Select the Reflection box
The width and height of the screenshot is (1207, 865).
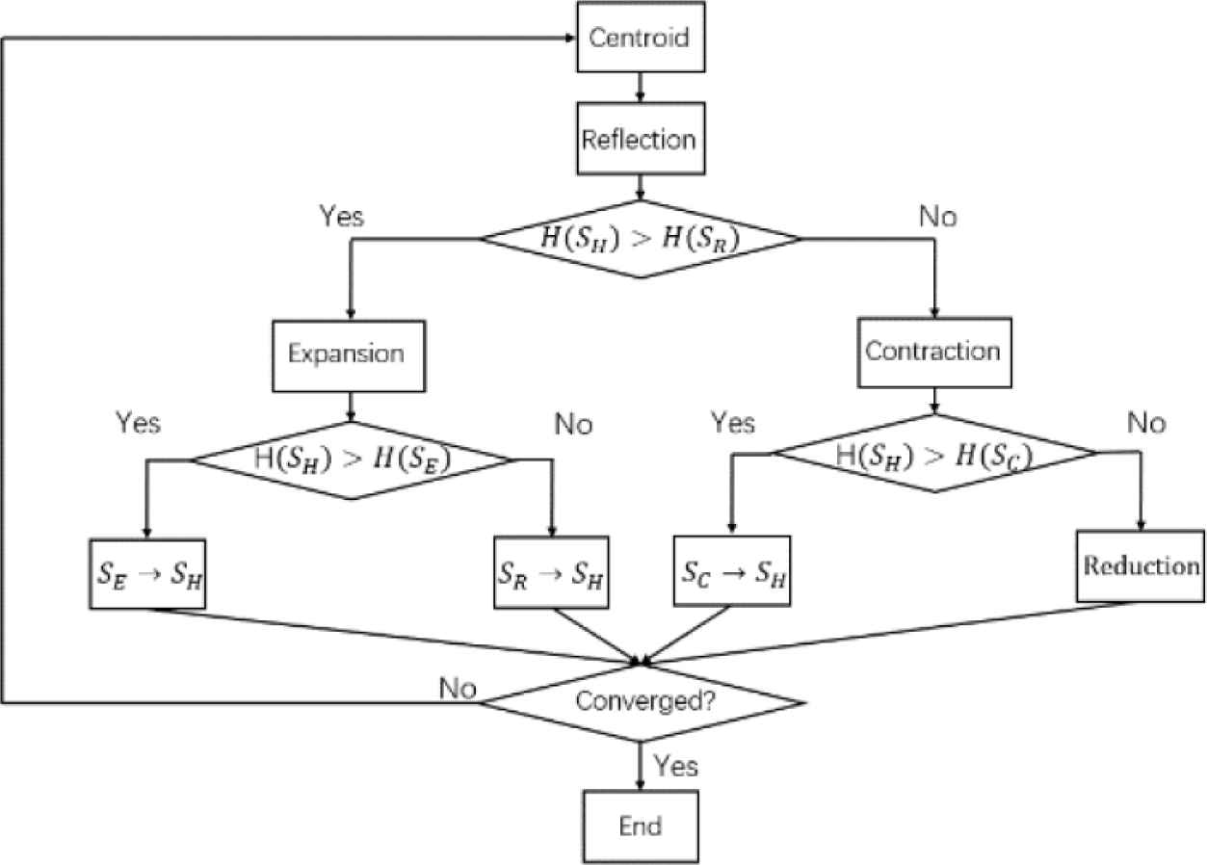(x=638, y=139)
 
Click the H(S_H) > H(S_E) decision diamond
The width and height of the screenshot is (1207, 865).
(x=352, y=460)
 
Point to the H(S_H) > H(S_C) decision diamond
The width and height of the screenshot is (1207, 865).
(x=935, y=453)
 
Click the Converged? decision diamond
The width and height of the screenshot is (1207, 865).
(x=641, y=701)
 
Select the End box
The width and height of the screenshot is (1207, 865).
(x=640, y=826)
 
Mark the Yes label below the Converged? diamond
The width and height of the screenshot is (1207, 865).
(x=676, y=767)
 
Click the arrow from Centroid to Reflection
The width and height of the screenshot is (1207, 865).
(x=639, y=88)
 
